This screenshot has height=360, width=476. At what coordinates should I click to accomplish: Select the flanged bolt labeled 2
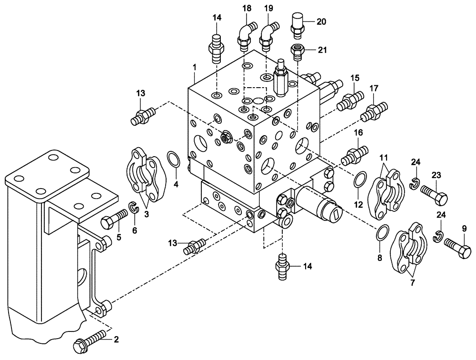click(x=90, y=341)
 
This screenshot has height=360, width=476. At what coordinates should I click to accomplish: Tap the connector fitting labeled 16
click(x=355, y=153)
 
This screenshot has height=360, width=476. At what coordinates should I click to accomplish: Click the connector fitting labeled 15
click(x=350, y=100)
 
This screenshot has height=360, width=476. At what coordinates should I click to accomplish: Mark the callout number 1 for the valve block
click(x=194, y=68)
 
